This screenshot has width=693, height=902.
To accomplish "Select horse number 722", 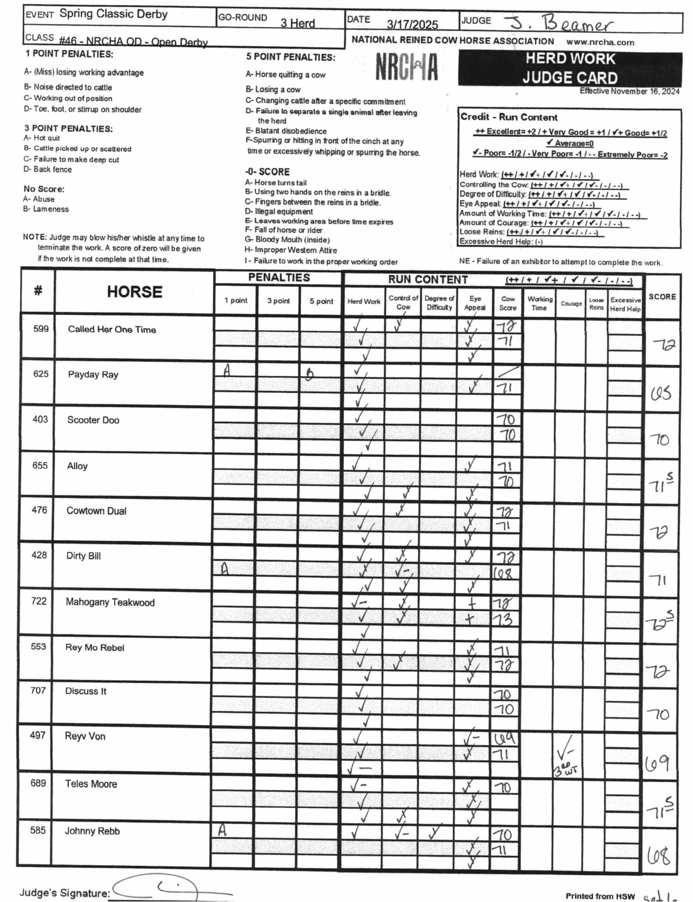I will pyautogui.click(x=38, y=601).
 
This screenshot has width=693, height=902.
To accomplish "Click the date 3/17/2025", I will pyautogui.click(x=412, y=25).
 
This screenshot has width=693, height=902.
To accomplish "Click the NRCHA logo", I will pyautogui.click(x=406, y=67).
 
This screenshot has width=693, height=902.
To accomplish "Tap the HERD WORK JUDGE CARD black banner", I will pyautogui.click(x=570, y=68).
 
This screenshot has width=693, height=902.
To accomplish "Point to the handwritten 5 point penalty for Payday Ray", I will pyautogui.click(x=309, y=373).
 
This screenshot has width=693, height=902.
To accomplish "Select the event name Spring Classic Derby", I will pyautogui.click(x=114, y=14).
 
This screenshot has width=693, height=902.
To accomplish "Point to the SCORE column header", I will pyautogui.click(x=662, y=297).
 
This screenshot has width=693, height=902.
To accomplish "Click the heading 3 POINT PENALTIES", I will pyautogui.click(x=68, y=129).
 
